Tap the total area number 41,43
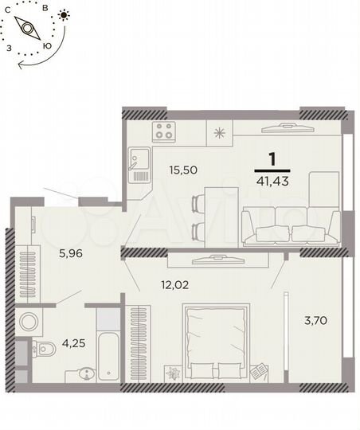tap(272, 182)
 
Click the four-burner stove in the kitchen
tap(165, 131)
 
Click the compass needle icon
tap(32, 29)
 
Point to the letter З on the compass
tap(9, 48)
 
